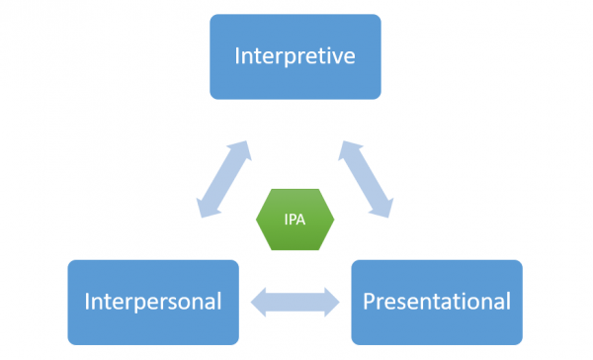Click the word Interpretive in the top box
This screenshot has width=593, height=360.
pos(295,55)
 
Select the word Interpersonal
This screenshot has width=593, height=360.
pos(152,300)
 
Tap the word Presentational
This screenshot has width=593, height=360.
pos(436,300)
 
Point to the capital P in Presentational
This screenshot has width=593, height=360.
pos(369,300)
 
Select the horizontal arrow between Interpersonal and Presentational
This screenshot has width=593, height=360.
pos(295,302)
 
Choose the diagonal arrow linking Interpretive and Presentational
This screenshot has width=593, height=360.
pos(367,179)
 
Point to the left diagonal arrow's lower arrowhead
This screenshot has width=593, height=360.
pos(205,209)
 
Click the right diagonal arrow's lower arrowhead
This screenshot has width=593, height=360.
pos(384,209)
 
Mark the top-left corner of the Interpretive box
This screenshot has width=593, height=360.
pos(212,16)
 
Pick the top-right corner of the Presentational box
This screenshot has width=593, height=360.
pos(520,262)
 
